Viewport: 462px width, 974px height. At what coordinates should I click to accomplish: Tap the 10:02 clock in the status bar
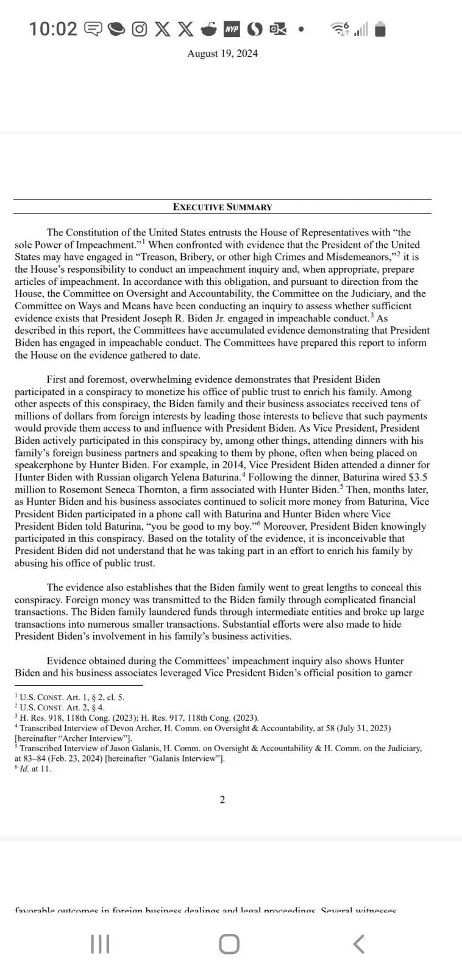53,29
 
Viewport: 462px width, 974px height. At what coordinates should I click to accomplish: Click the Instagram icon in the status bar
140,29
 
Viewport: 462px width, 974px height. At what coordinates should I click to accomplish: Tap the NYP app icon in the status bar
232,29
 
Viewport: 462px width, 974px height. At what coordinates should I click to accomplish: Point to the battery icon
380,29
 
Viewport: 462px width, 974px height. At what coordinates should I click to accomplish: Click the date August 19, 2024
222,54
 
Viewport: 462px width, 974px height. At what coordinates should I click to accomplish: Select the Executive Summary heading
222,207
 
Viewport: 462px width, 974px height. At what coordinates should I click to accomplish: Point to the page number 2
222,800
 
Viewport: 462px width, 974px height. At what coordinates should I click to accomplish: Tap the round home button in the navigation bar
229,944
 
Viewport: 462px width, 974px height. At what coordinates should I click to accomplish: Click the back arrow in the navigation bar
359,944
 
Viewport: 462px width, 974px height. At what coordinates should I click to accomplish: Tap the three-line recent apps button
100,944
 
